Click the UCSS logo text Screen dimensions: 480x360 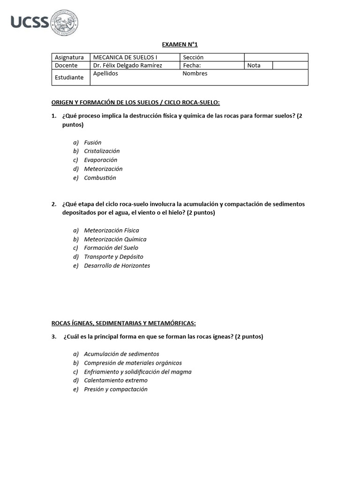pyautogui.click(x=30, y=22)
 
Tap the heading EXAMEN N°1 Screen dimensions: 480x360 pyautogui.click(x=180, y=45)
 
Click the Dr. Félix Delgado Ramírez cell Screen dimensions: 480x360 pyautogui.click(x=127, y=66)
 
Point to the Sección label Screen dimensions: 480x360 pyautogui.click(x=194, y=57)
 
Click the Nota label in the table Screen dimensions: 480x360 pyautogui.click(x=254, y=66)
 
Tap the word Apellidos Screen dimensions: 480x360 pyautogui.click(x=105, y=74)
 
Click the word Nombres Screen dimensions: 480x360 pyautogui.click(x=195, y=74)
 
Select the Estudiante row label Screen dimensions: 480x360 pyautogui.click(x=69, y=77)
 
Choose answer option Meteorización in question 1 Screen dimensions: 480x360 pyautogui.click(x=103, y=169)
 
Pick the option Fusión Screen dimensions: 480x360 pyautogui.click(x=92, y=142)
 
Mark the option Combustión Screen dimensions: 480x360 pyautogui.click(x=100, y=178)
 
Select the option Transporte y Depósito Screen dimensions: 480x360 pyautogui.click(x=113, y=257)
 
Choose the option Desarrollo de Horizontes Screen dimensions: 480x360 pyautogui.click(x=117, y=266)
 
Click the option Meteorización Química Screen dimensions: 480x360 pyautogui.click(x=115, y=240)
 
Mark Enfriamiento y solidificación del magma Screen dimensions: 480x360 pyautogui.click(x=137, y=372)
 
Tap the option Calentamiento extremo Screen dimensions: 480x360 pyautogui.click(x=115, y=381)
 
